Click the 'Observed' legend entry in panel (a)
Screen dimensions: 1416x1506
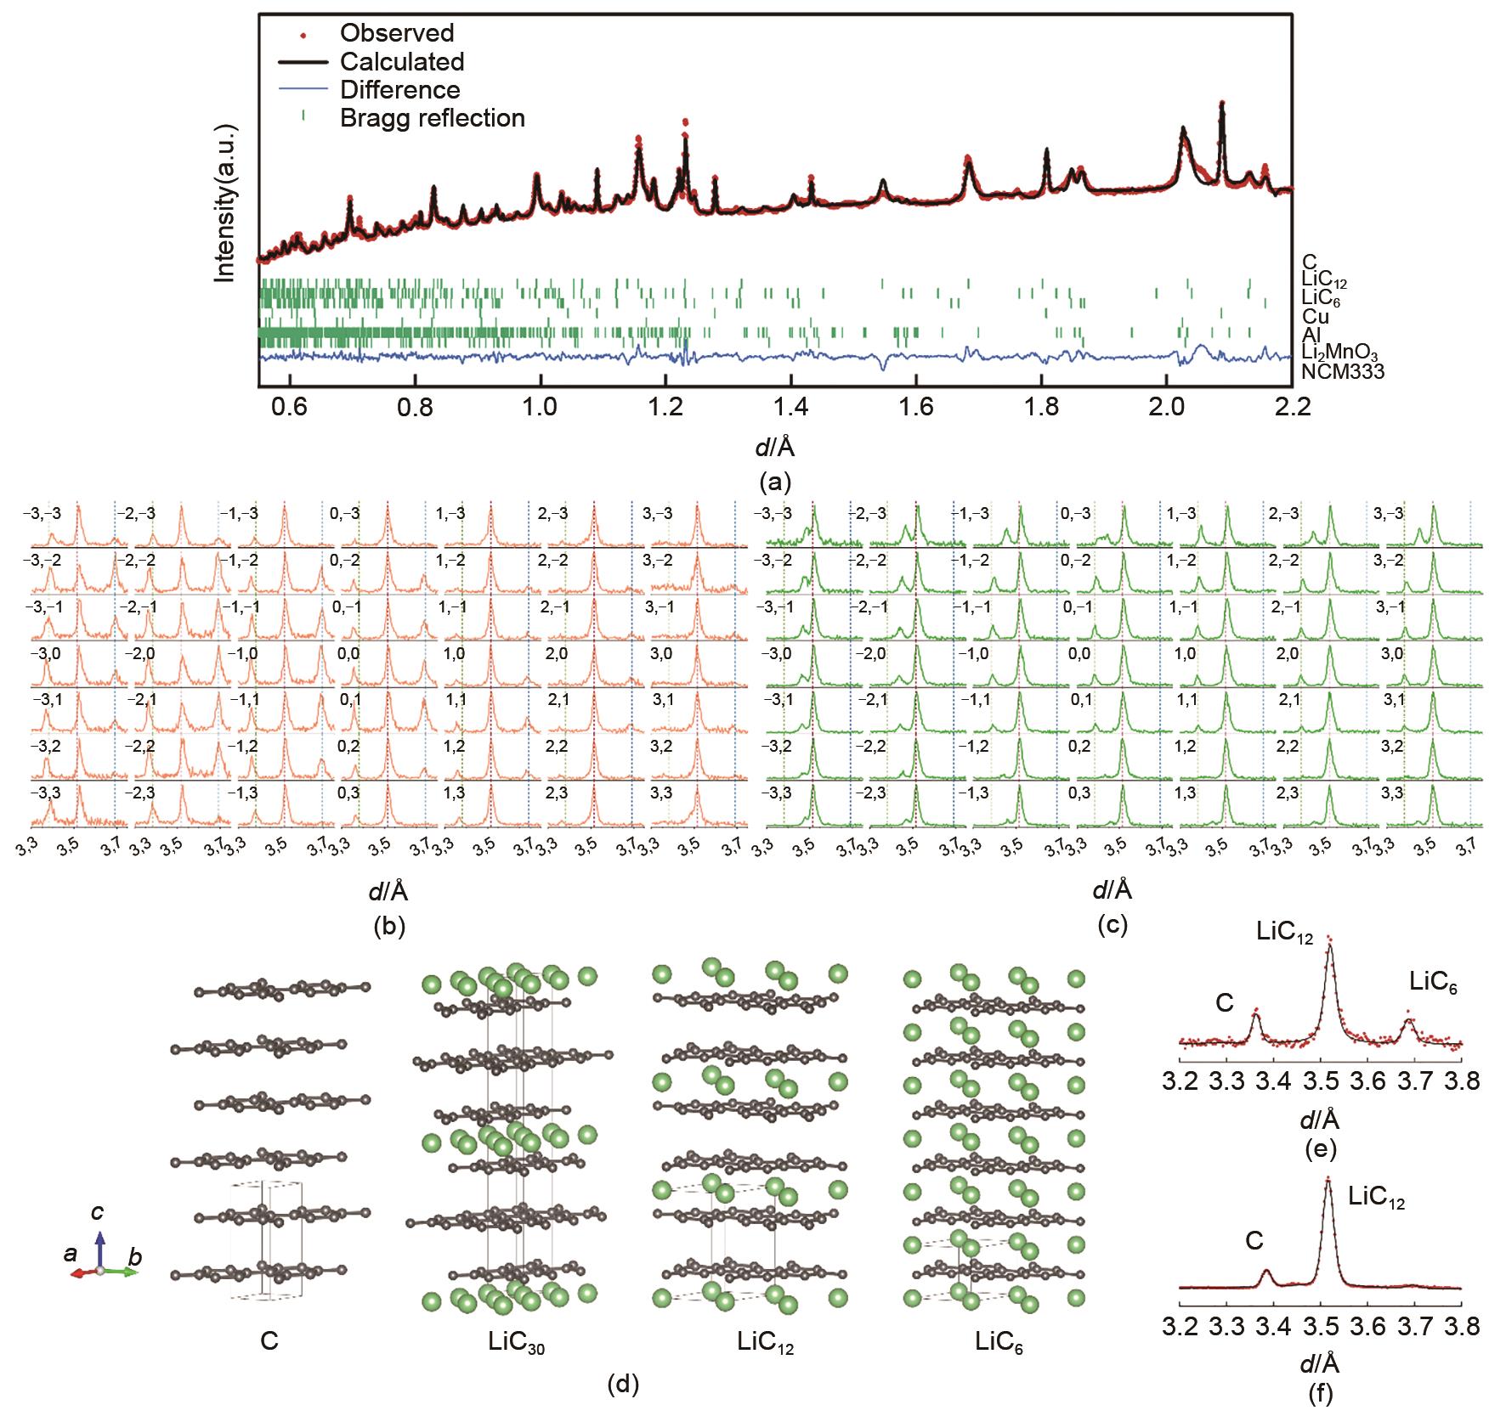397,33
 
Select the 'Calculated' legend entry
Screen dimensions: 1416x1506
402,61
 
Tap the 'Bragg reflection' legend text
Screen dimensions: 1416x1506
432,117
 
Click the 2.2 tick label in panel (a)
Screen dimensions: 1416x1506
1292,407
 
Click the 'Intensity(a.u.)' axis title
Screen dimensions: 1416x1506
225,204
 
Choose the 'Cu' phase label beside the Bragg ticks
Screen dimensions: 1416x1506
1315,317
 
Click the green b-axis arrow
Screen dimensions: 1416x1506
126,1272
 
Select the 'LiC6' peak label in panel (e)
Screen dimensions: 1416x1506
1433,983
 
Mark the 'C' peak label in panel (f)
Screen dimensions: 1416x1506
1254,1241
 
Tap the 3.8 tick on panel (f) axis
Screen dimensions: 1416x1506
1461,1327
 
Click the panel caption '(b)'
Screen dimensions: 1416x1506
389,926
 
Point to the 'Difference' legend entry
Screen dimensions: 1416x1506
399,89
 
